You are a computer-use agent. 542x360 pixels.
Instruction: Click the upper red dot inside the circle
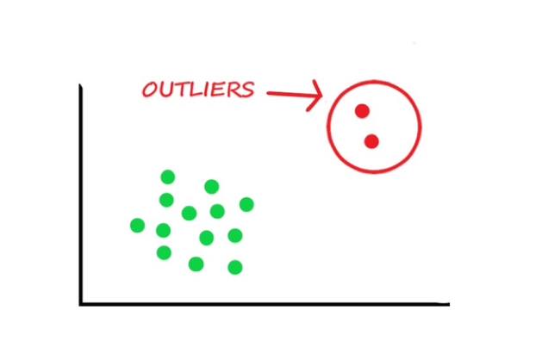362,111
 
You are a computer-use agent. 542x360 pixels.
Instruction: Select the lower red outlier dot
371,141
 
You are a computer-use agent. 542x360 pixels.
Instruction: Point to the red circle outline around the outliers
327,127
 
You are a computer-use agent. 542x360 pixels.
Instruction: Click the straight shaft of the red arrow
294,94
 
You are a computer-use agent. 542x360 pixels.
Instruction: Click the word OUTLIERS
198,90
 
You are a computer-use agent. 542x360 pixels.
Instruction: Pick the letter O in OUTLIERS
150,90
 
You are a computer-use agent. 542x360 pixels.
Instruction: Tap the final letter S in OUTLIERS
246,90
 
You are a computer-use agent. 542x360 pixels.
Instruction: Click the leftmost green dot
137,226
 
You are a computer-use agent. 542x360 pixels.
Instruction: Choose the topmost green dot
168,177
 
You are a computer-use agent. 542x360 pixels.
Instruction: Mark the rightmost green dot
246,204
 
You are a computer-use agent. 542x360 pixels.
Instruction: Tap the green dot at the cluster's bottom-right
235,267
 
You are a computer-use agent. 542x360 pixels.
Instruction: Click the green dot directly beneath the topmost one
166,200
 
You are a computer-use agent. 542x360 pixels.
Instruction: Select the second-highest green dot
212,187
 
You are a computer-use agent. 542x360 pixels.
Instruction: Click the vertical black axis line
81,195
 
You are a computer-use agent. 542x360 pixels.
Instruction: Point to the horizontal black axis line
265,304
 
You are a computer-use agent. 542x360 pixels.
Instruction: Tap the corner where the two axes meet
81,304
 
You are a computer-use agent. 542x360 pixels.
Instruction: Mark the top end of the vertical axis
80,84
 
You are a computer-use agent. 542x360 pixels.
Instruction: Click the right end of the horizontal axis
449,304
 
